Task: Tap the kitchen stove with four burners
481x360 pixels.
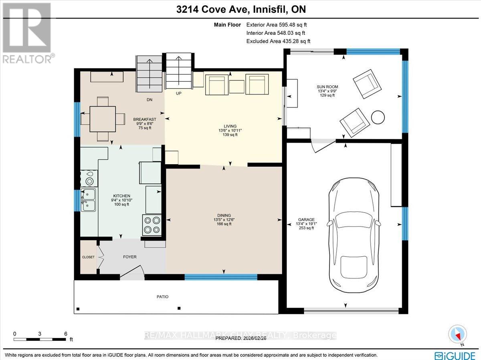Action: coord(152,224)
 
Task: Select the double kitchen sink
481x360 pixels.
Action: coord(88,200)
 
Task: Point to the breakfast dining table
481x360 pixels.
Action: coord(103,119)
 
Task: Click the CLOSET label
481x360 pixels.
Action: coord(88,257)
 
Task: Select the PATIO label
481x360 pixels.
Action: coord(162,297)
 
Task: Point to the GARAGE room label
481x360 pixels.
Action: coord(306,219)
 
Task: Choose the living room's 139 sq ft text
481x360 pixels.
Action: coord(230,135)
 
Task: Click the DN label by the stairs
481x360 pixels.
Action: coord(149,99)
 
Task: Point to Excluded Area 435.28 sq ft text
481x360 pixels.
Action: coord(278,41)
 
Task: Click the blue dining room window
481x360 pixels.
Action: coord(221,276)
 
